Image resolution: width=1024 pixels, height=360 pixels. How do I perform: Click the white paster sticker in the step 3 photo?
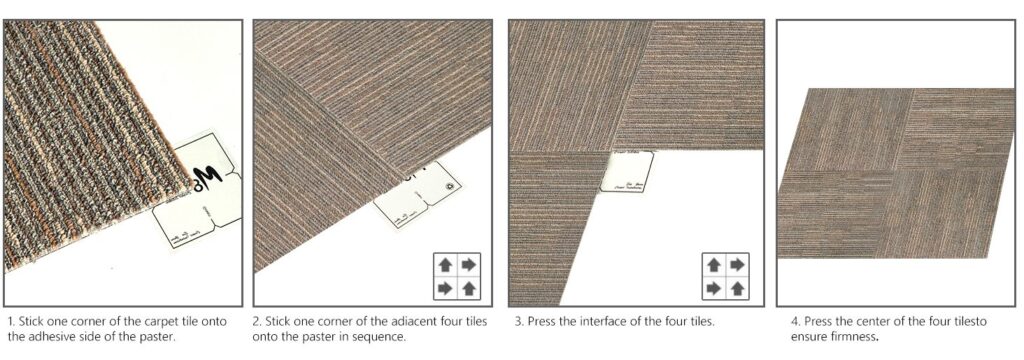[x=628, y=171]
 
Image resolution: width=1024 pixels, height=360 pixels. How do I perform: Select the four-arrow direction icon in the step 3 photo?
[x=725, y=276]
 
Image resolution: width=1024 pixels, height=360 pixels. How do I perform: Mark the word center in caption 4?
[x=858, y=322]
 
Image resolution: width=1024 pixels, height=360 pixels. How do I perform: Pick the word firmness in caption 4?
[x=852, y=337]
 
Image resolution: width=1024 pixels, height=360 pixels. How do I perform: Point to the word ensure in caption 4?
[x=805, y=337]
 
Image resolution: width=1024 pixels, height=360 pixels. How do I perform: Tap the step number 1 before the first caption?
[x=10, y=322]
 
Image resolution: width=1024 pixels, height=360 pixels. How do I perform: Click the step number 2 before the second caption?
[x=257, y=322]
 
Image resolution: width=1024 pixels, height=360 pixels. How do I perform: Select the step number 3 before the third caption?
[x=518, y=322]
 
